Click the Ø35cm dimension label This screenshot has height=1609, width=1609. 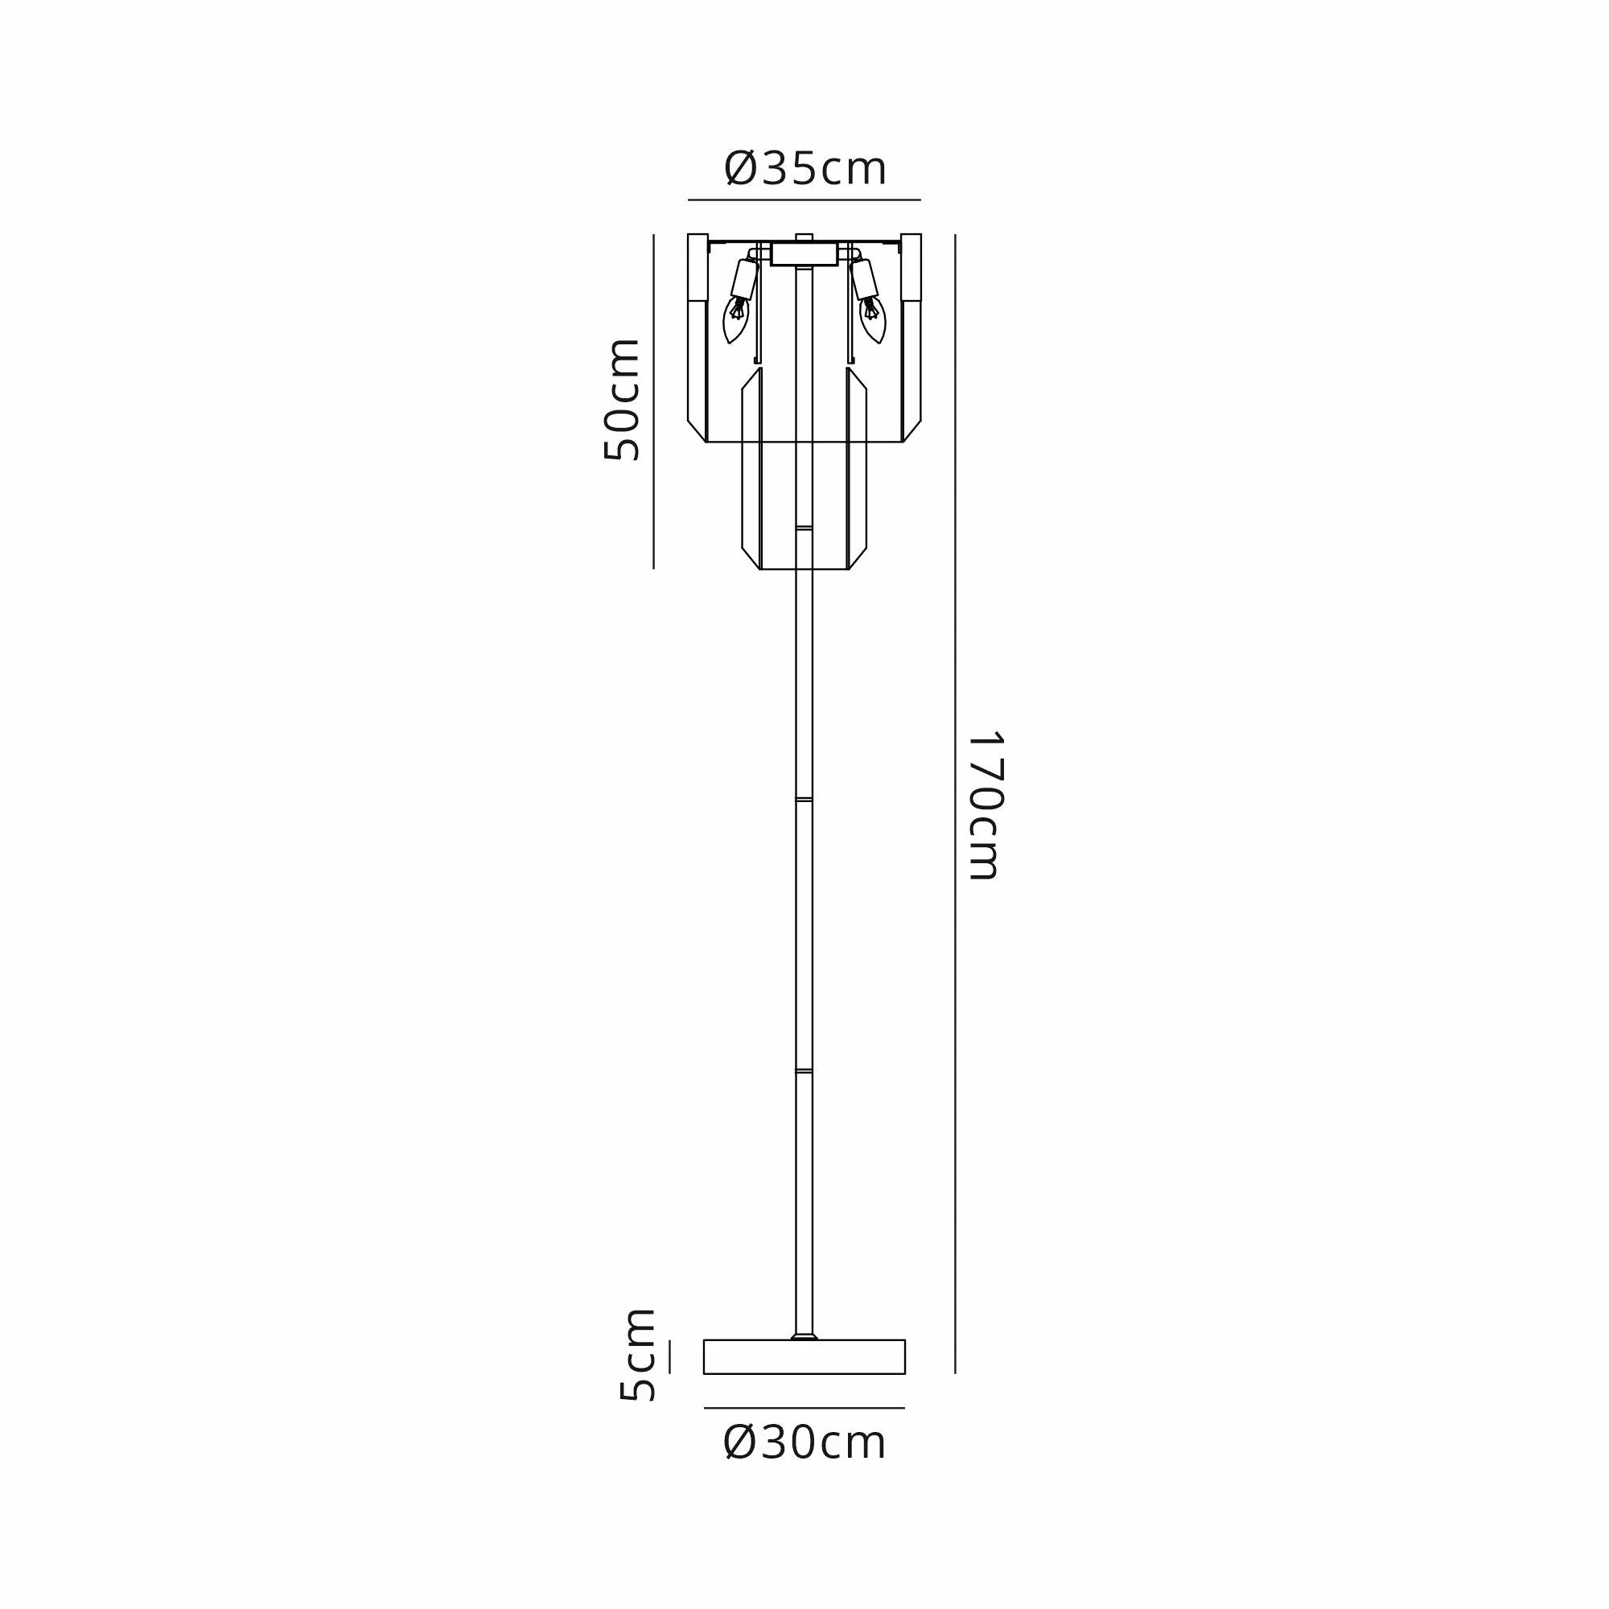pyautogui.click(x=804, y=169)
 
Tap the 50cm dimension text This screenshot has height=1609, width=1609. pyautogui.click(x=622, y=400)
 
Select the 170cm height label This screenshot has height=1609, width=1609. pyautogui.click(x=986, y=805)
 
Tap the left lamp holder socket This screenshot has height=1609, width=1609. pyautogui.click(x=743, y=279)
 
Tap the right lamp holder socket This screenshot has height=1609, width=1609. pyautogui.click(x=865, y=279)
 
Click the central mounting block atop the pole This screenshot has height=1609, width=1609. pyautogui.click(x=804, y=254)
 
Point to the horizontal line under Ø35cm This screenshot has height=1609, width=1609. pyautogui.click(x=804, y=200)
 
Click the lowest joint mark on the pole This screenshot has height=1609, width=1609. pyautogui.click(x=804, y=1070)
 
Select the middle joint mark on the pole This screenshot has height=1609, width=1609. pyautogui.click(x=804, y=800)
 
